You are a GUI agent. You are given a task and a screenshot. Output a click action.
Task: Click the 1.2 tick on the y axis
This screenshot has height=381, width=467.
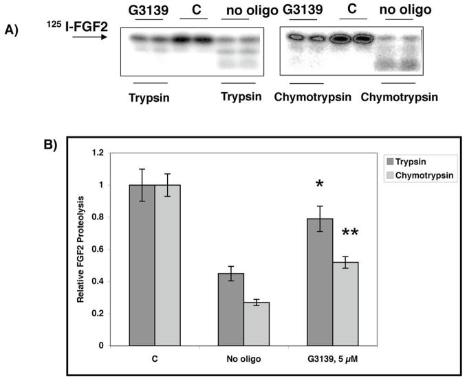coord(104,153)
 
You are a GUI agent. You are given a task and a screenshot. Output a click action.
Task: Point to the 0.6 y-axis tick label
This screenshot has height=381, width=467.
coord(104,250)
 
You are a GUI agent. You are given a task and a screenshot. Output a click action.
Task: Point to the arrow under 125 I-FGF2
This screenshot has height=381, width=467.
coord(89,38)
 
